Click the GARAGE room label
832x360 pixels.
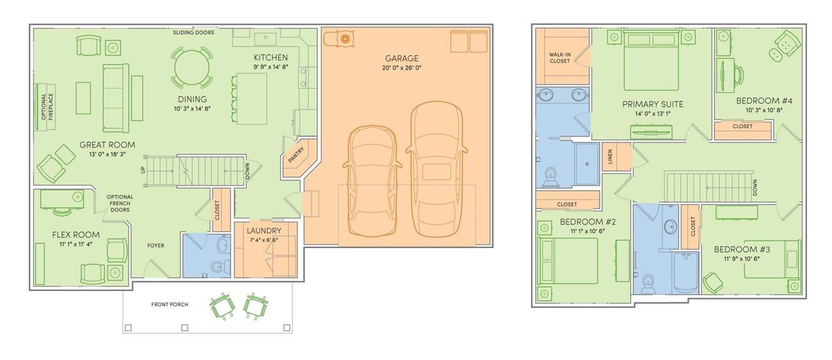402,58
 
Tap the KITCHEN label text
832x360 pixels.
271,57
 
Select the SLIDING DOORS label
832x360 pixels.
194,33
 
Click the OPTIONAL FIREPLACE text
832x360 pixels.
47,107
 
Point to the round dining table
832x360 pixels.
192,67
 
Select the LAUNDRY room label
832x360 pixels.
264,231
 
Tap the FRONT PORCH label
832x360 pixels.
169,304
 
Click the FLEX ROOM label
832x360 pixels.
76,235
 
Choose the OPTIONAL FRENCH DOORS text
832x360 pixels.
120,203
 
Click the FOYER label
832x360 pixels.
156,246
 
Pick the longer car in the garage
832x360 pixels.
436,169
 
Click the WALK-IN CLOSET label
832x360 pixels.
560,57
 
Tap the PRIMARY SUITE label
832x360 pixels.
653,104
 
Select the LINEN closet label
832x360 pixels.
610,157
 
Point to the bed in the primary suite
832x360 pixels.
651,61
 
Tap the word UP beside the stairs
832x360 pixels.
143,171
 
